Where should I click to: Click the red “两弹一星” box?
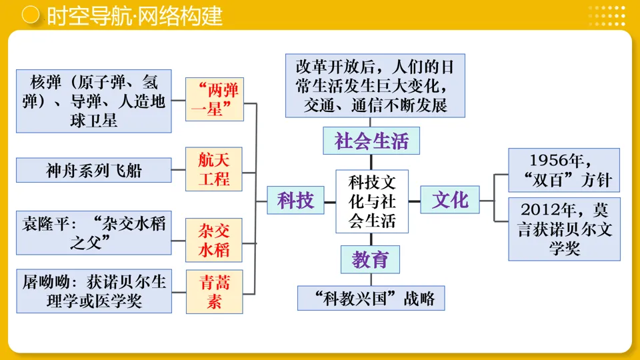pos(213,99)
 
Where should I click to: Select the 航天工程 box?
pos(213,169)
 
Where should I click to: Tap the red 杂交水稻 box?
pos(213,240)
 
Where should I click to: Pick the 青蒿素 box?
pos(213,292)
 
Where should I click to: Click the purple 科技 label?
pos(295,199)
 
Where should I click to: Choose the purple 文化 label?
pos(450,199)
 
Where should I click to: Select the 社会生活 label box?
pos(371,141)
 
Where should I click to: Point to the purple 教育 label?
pos(371,259)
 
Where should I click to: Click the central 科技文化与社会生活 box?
pos(372,201)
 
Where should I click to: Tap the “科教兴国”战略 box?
pos(371,298)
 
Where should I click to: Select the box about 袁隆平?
pos(93,233)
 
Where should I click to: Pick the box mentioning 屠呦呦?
pos(93,291)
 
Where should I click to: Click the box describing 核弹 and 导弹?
pos(93,101)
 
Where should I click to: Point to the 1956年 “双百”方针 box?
pos(563,171)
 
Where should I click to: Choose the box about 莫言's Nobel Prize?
pos(563,229)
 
